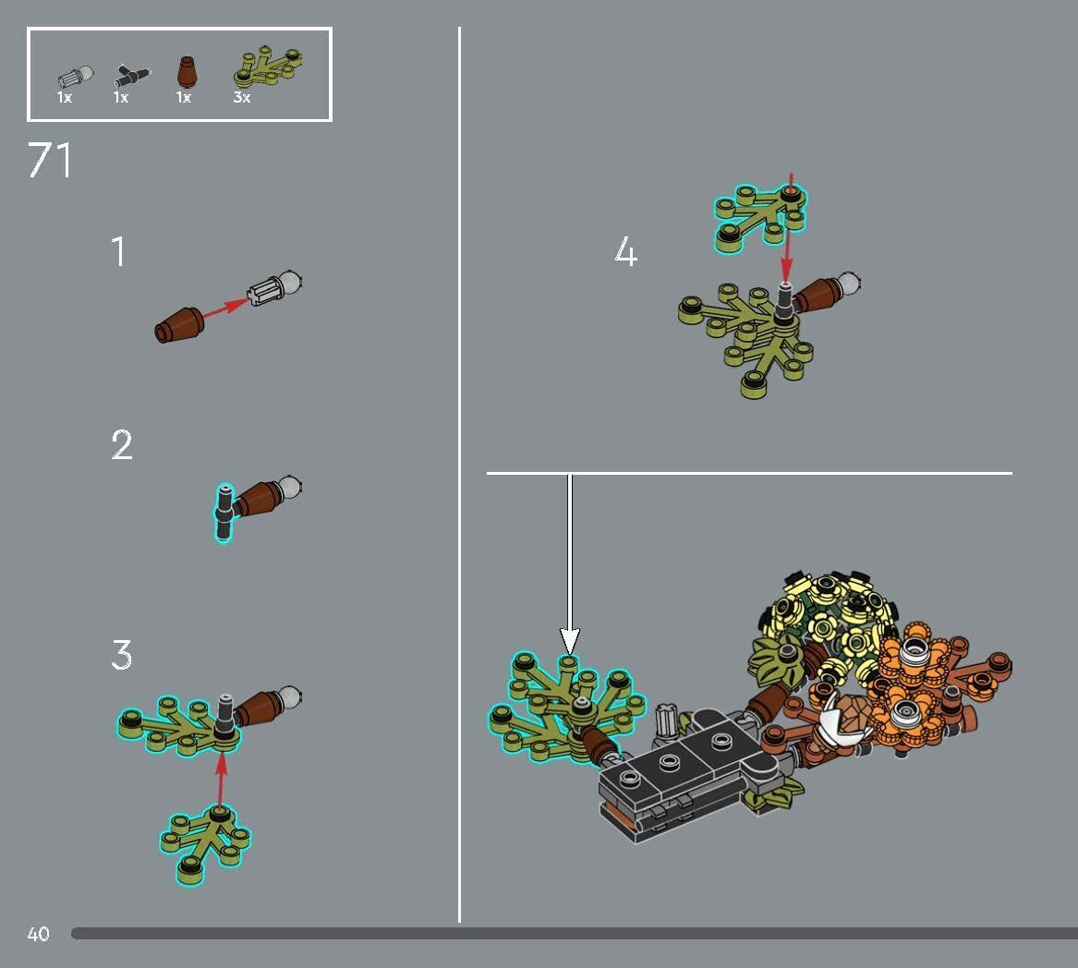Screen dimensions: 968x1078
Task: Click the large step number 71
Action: tap(50, 160)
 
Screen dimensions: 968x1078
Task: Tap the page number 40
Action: tap(38, 934)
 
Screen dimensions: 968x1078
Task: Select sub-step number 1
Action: tap(118, 252)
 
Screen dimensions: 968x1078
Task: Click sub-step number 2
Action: tap(122, 445)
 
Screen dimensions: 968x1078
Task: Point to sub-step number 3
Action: tap(122, 655)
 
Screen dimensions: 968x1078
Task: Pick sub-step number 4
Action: tap(625, 252)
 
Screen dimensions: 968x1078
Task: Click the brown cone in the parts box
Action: tap(186, 71)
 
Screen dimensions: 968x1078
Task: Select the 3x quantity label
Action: tap(242, 97)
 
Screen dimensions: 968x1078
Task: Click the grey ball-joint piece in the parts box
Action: tap(75, 75)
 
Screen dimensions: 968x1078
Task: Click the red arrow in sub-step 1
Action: tap(224, 309)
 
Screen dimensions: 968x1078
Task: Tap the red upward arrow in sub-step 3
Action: tap(220, 777)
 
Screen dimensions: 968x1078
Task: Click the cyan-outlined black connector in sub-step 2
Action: tap(224, 513)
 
